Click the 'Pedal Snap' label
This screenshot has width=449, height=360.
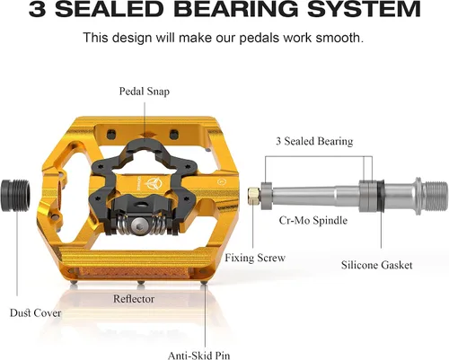145,92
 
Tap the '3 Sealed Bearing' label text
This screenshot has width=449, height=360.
314,141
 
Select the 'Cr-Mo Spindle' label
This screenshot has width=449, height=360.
313,221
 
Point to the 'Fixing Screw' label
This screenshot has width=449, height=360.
255,258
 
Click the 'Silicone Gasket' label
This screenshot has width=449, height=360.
376,265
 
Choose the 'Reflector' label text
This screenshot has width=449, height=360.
134,299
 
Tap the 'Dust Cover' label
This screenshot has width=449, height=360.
35,313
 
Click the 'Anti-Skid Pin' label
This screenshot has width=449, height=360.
198,356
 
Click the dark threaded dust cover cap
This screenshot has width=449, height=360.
15,196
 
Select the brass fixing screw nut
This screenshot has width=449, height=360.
253,195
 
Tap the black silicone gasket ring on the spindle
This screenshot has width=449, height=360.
381,196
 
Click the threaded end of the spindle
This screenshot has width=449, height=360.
436,196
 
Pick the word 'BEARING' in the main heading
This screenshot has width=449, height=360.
238,9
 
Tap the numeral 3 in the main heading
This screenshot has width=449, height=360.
38,9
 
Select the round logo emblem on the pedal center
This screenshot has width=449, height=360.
154,183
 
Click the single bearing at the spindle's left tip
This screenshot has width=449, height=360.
266,196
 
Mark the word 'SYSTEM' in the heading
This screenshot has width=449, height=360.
365,9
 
